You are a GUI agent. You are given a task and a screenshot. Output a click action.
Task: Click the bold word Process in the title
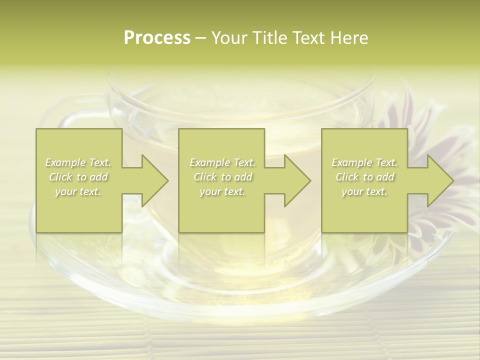pos(157,38)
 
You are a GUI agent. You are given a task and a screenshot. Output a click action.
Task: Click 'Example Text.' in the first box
pos(78,162)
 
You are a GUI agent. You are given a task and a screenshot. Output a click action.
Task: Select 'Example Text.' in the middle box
pos(222,162)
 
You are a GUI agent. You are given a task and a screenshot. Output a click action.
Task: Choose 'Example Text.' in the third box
pos(364,162)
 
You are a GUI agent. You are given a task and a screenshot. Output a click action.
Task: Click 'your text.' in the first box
pos(78,191)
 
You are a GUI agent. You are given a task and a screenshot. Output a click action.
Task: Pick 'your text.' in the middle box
pos(222,191)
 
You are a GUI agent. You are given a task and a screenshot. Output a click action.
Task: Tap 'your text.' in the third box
pos(364,191)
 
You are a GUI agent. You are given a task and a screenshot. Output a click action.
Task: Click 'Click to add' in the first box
pos(78,177)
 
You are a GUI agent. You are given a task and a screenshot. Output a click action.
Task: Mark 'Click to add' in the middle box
pos(222,177)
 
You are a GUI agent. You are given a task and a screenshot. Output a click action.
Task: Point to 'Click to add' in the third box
pos(365,177)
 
